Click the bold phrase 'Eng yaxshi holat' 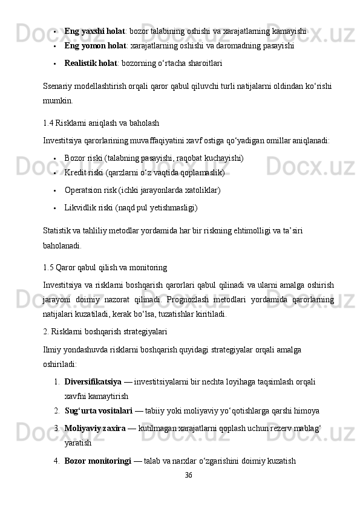click(x=94, y=30)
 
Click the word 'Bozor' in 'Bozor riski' click(x=74, y=158)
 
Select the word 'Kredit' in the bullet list click(x=75, y=173)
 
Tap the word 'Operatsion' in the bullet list click(x=83, y=190)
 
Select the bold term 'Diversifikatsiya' click(x=93, y=382)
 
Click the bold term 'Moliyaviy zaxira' click(x=95, y=428)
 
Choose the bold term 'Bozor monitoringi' click(x=98, y=461)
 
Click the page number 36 click(x=188, y=475)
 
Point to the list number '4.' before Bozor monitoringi click(x=56, y=461)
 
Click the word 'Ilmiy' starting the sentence click(x=52, y=349)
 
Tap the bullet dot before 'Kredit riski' click(x=55, y=173)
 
